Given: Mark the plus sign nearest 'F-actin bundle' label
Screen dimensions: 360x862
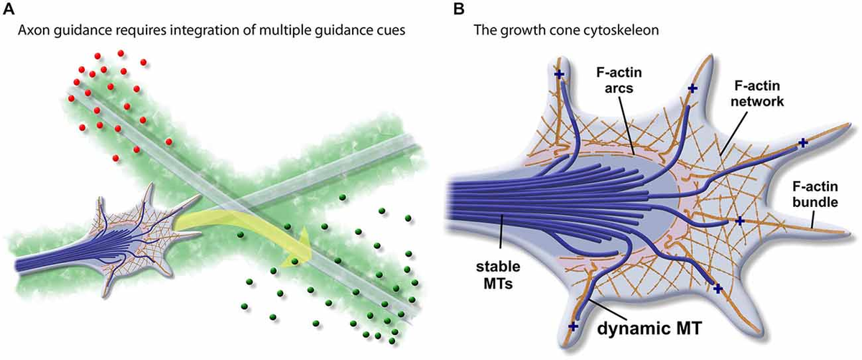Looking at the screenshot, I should tap(802, 143).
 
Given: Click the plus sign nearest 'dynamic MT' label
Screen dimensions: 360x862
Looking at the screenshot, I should tap(573, 326).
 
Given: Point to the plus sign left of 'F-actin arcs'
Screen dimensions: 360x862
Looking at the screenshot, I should tap(558, 74).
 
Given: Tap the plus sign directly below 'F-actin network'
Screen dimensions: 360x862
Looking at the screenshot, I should tap(739, 221).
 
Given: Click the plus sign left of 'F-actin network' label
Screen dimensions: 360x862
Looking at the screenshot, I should tap(692, 88).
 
